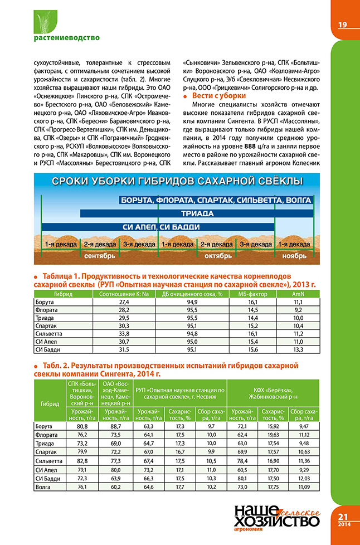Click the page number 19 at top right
pos(342,24)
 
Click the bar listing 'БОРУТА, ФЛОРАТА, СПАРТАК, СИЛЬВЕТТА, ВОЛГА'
pos(216,200)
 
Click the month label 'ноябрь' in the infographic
pos(294,256)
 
